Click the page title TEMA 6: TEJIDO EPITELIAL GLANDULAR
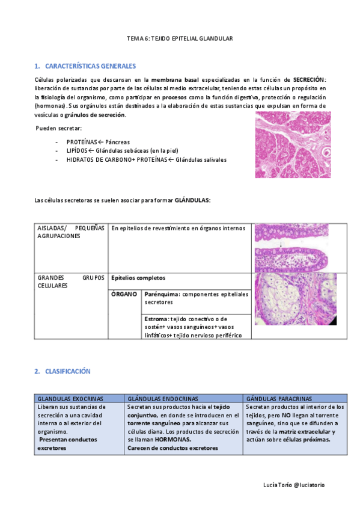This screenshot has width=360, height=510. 180,38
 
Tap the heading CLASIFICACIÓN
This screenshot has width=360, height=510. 67,371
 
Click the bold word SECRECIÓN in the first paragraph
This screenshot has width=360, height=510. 310,79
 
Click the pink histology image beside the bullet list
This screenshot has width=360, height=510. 292,144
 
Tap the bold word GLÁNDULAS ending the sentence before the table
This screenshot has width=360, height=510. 192,200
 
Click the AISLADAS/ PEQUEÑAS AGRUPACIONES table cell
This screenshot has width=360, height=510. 70,232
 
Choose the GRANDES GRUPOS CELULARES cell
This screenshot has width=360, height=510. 70,281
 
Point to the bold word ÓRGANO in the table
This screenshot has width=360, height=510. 124,294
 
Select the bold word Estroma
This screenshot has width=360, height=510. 157,319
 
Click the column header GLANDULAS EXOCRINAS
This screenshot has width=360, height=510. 70,398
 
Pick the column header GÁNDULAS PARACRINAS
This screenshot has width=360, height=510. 279,398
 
